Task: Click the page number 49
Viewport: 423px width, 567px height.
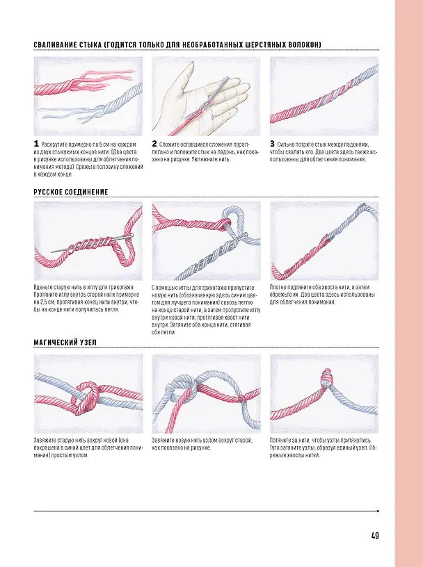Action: (x=375, y=536)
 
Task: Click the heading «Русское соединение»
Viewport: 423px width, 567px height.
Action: (x=71, y=192)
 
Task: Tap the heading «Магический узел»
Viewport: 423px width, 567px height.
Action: (x=65, y=343)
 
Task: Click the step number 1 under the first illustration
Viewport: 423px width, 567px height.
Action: (x=36, y=144)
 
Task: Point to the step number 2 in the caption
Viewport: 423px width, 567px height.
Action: (x=154, y=144)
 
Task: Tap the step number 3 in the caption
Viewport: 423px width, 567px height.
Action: (x=272, y=144)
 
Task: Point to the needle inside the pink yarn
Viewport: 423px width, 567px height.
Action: (x=93, y=243)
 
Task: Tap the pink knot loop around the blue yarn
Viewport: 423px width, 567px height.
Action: (x=86, y=397)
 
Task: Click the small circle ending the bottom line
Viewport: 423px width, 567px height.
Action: (x=378, y=511)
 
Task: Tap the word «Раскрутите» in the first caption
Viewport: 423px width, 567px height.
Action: (x=54, y=145)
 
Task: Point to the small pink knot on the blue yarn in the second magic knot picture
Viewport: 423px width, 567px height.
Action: (x=242, y=398)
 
